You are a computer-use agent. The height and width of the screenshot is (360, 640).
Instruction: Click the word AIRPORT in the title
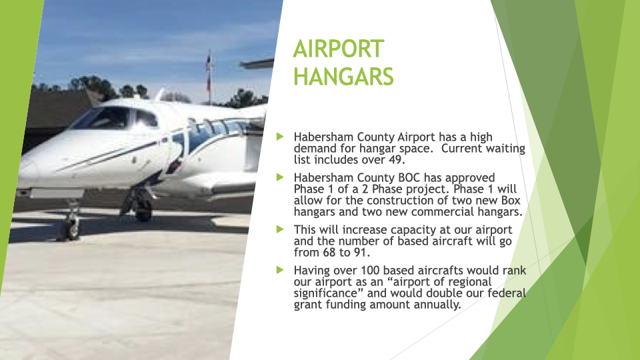[339, 49]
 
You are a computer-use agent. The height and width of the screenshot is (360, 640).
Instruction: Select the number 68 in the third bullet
[329, 252]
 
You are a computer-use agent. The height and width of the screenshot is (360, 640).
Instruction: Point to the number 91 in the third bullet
[360, 252]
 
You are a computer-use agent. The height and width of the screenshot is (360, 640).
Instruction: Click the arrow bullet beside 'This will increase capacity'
[280, 229]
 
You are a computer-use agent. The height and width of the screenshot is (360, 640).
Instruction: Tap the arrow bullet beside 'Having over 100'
[280, 270]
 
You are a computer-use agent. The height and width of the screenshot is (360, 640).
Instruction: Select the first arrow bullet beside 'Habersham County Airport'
[280, 136]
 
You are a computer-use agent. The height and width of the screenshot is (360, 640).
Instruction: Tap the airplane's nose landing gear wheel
[73, 230]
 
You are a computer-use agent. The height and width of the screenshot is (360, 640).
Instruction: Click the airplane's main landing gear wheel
[143, 210]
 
